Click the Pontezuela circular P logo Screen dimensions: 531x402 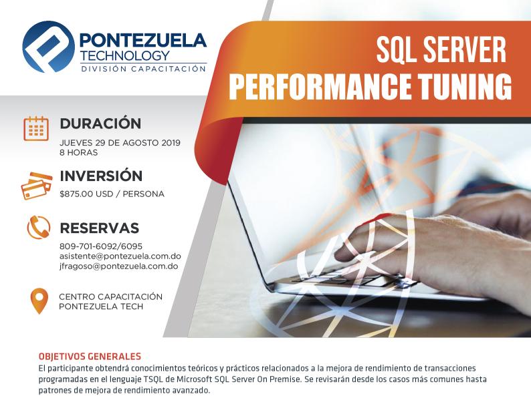click(x=48, y=47)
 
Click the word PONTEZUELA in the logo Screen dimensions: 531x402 click(x=142, y=40)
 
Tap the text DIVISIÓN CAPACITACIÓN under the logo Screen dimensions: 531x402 click(x=144, y=69)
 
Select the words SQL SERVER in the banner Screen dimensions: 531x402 click(x=441, y=50)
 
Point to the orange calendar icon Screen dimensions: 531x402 click(x=36, y=128)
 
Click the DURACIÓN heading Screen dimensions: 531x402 click(x=100, y=124)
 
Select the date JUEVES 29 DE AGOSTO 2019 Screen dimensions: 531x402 click(x=120, y=143)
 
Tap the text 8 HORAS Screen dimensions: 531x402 click(x=78, y=152)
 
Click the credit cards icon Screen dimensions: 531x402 click(x=36, y=186)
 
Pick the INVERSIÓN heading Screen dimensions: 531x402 click(x=101, y=176)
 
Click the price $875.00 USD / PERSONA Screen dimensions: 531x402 click(x=112, y=194)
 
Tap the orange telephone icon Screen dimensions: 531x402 click(x=39, y=228)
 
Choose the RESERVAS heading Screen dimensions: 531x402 click(x=100, y=228)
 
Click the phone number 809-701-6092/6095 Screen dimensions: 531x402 click(x=101, y=246)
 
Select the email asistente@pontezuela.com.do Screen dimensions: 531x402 click(x=120, y=256)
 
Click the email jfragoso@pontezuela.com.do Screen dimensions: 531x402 click(x=119, y=266)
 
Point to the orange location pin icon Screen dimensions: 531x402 click(x=39, y=300)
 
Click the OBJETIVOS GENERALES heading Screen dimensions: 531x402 click(x=90, y=357)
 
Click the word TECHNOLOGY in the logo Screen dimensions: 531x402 click(x=125, y=55)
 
